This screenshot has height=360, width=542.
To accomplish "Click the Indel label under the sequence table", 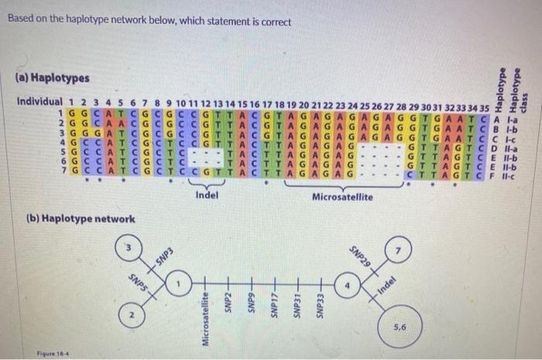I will coord(207,196).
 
